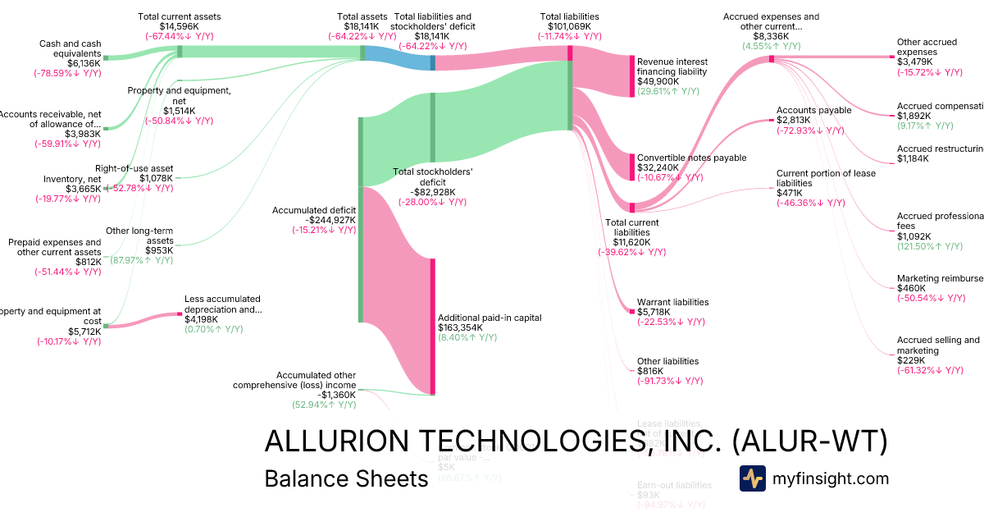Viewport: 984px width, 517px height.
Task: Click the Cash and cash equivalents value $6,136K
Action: pos(83,63)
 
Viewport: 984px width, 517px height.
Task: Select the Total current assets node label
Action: pos(179,16)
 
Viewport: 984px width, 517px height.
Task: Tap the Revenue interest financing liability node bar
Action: pos(632,76)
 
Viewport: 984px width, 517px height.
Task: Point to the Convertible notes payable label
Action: pos(691,158)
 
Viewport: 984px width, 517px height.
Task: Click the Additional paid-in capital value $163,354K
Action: pos(460,327)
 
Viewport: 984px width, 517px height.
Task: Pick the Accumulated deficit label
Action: pos(313,210)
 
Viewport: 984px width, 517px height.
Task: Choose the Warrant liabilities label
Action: pos(672,302)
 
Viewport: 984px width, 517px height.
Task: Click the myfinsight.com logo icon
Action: pos(752,478)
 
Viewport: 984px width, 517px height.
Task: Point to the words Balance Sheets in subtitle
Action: pos(346,478)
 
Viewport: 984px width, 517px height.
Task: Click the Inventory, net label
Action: pos(72,179)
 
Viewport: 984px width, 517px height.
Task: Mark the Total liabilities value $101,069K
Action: pos(569,26)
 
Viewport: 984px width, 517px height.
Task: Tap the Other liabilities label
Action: pos(667,361)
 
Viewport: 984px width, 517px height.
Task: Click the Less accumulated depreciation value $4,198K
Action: pos(202,319)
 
